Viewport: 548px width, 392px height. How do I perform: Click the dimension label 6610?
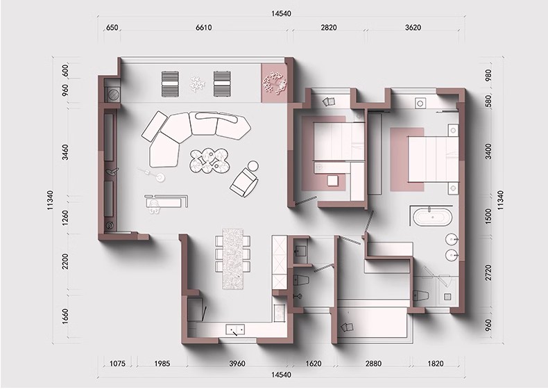coord(203,27)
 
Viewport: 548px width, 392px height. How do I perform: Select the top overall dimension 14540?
coord(281,14)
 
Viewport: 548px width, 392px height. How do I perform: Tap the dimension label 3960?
coord(237,364)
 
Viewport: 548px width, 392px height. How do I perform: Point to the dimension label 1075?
coord(117,364)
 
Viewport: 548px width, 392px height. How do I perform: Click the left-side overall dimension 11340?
coord(50,200)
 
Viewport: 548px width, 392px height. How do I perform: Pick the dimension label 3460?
coord(65,152)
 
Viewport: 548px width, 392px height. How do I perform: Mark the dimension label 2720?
coord(488,272)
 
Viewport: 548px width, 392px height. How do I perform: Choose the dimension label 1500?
coord(488,216)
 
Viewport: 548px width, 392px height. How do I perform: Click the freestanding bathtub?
coord(433,217)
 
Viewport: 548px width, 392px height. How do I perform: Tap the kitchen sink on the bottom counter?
coord(235,329)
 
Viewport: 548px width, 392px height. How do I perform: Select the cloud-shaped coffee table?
coord(209,161)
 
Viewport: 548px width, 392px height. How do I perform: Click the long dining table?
coord(233,259)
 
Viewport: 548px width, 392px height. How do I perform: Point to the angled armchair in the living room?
coord(243,182)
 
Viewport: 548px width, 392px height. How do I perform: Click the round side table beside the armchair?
coord(252,165)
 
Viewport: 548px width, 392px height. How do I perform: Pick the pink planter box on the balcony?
coord(274,83)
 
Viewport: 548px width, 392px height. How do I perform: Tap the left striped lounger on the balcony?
coord(170,83)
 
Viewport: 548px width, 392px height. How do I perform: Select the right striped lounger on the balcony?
coord(222,83)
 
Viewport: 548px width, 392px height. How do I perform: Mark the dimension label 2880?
coord(373,364)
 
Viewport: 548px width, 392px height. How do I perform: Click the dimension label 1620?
coord(313,364)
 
